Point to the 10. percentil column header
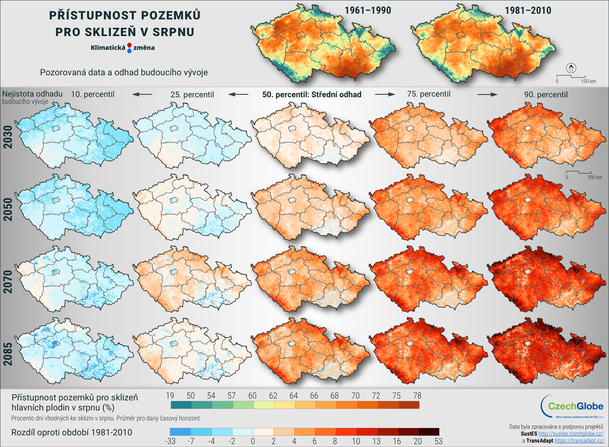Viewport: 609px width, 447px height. click(93, 94)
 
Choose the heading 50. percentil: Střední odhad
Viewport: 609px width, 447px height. click(312, 94)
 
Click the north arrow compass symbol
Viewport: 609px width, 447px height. click(571, 68)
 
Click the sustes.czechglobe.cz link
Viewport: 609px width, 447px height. click(571, 434)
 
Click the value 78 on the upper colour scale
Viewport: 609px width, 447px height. click(417, 396)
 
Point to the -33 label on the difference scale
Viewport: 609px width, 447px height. click(170, 441)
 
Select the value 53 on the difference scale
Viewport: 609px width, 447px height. click(438, 441)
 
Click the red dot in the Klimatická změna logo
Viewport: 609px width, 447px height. click(129, 45)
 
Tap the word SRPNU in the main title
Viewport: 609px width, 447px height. click(173, 32)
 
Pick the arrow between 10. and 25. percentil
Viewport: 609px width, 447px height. click(142, 94)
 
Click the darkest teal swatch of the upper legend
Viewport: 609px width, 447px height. click(181, 405)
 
